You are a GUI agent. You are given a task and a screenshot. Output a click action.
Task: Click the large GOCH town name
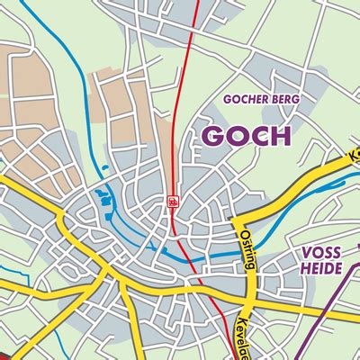click(246, 135)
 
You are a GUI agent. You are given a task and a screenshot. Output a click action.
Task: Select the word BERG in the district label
click(285, 98)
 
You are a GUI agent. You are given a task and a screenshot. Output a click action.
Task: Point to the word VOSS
click(320, 254)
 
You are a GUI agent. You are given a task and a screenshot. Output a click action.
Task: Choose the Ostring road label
click(247, 248)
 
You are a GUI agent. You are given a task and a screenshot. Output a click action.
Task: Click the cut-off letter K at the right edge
click(355, 154)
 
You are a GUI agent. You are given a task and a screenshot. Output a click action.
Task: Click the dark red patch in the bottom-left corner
click(7, 353)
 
